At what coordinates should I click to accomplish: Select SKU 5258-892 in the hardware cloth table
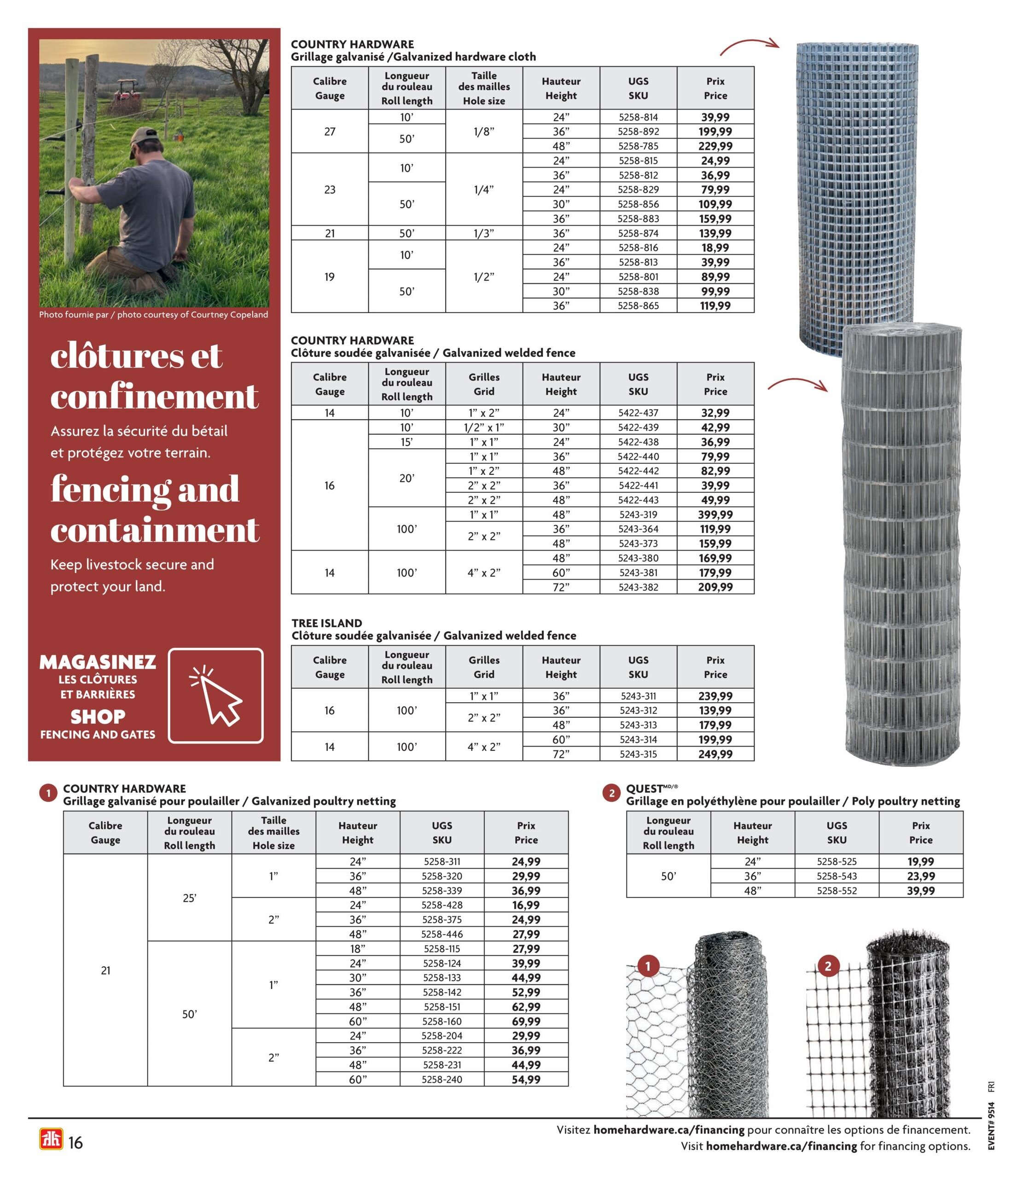coord(638,131)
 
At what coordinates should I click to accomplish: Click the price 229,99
coord(715,146)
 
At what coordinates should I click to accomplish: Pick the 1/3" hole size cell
coord(484,233)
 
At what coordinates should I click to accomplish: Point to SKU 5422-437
coord(638,413)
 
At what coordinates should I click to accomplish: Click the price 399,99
coord(715,514)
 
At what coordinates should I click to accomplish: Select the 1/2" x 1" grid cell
coord(484,427)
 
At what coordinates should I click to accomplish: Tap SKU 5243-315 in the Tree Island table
coord(638,754)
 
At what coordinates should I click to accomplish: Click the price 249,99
coord(715,754)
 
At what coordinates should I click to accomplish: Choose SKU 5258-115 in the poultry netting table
coord(442,949)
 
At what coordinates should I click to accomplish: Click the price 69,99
coord(526,1022)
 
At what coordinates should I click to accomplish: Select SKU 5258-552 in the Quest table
coord(836,891)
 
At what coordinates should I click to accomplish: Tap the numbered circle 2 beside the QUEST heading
coord(611,793)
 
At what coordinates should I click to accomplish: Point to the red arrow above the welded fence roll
coord(797,384)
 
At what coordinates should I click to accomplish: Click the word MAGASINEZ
coord(98,662)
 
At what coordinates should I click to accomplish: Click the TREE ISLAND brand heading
coord(326,623)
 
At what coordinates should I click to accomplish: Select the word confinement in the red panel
coord(155,396)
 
